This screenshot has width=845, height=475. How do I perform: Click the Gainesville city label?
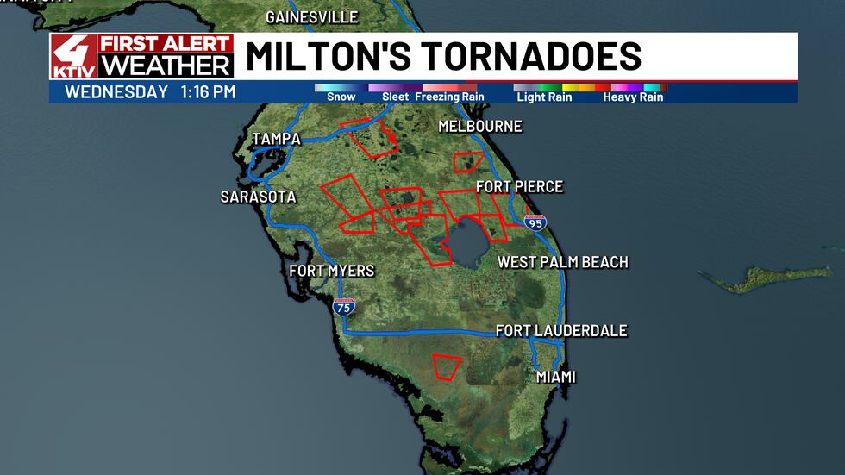coord(311,17)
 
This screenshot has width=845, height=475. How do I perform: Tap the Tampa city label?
coord(276,140)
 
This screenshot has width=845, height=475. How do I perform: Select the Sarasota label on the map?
coord(258,197)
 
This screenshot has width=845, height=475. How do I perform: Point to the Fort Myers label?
coord(331,271)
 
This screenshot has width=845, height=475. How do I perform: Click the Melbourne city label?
coord(480,127)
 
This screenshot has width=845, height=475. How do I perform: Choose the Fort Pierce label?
coord(519,187)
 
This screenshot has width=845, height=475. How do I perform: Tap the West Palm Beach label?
coord(562,262)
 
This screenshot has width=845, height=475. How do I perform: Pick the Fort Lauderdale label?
coord(560,331)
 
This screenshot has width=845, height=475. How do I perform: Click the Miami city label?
coord(555,377)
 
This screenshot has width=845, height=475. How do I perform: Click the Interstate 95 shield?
coord(535,222)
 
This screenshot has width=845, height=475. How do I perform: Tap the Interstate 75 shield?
coord(343,307)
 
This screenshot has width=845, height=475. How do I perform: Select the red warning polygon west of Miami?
coord(447,366)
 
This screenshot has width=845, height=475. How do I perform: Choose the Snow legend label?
coord(341,97)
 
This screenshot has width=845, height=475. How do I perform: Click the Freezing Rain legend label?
coord(449,97)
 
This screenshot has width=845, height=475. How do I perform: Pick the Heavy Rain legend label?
coord(633,97)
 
